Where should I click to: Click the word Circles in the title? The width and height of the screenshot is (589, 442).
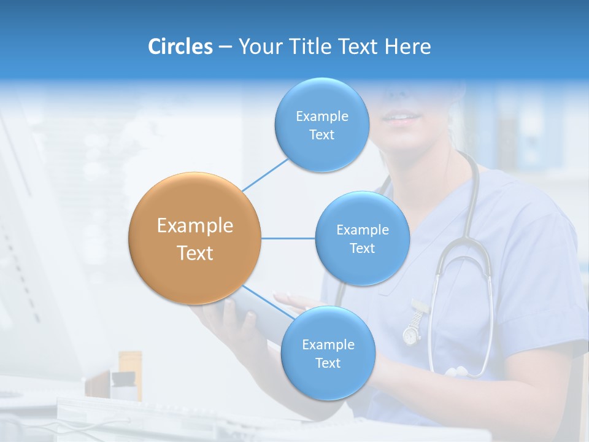[180, 46]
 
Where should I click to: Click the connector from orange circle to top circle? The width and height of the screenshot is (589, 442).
[265, 174]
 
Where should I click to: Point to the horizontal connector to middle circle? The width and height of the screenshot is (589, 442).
[288, 238]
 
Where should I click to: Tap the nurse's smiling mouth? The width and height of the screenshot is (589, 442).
[404, 117]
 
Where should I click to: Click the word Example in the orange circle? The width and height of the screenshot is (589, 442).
[194, 226]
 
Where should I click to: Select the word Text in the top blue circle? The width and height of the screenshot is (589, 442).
[321, 135]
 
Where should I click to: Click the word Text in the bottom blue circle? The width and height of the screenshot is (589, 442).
[328, 363]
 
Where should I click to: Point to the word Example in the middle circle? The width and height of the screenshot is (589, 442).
[362, 230]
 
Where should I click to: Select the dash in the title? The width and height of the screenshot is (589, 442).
[225, 47]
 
